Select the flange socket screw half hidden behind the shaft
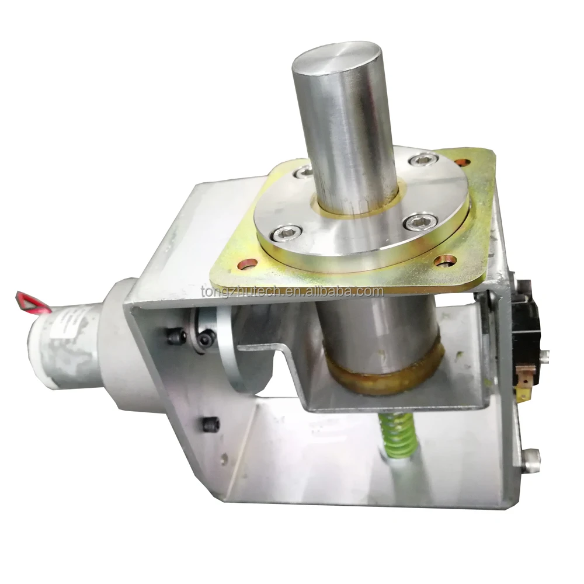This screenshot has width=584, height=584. tap(304, 172)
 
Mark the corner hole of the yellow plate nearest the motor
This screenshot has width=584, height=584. tap(248, 264)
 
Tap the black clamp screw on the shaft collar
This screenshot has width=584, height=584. tap(206, 338)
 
